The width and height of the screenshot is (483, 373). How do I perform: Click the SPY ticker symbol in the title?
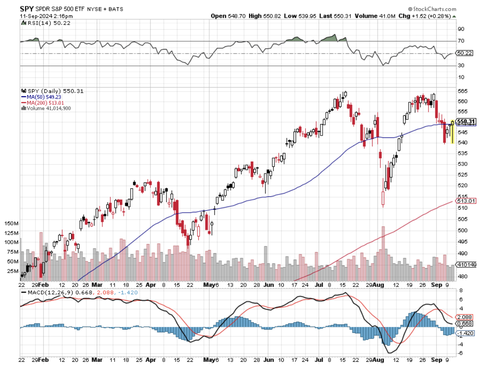26,8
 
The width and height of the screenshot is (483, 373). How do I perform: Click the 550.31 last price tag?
467,122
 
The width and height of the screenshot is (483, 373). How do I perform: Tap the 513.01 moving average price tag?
466,201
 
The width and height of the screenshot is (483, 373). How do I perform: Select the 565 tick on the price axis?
463,91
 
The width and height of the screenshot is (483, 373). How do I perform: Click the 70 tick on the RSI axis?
461,41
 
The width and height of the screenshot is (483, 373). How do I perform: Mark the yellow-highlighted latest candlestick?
453,132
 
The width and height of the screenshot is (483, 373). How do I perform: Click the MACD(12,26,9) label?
48,293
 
